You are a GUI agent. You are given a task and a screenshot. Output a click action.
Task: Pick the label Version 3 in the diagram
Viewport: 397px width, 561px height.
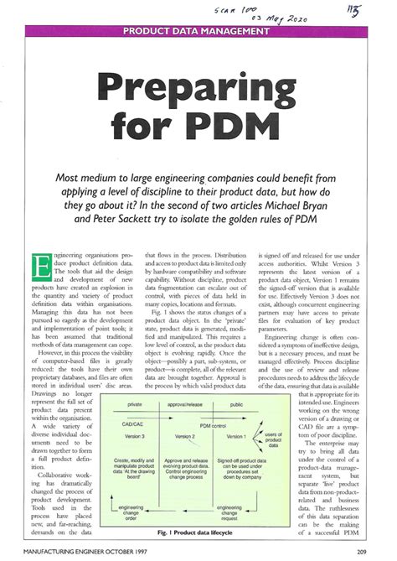point(132,438)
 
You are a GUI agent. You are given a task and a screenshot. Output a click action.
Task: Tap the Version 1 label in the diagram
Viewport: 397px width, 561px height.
point(236,436)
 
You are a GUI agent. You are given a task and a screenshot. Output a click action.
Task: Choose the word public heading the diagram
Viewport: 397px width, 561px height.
point(240,405)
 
